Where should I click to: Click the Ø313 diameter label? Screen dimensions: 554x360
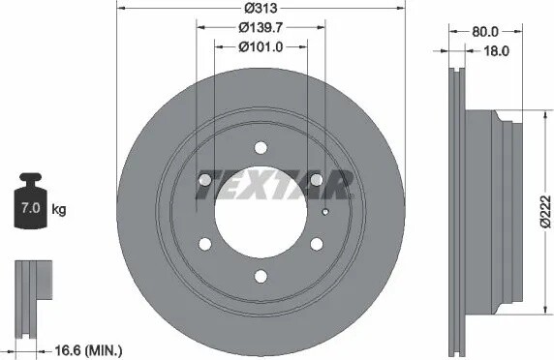[x=261, y=8]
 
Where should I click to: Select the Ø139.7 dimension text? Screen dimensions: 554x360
[x=261, y=27]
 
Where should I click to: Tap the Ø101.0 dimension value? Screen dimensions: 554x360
[x=261, y=47]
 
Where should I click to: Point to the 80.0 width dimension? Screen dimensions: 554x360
[x=485, y=32]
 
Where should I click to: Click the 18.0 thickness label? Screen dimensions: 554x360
[x=496, y=51]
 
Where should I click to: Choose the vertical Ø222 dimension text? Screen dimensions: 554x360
[x=545, y=211]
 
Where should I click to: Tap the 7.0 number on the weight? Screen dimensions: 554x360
[x=30, y=208]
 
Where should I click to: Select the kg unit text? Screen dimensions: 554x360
[x=59, y=210]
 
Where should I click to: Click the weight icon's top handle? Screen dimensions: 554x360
[x=31, y=177]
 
